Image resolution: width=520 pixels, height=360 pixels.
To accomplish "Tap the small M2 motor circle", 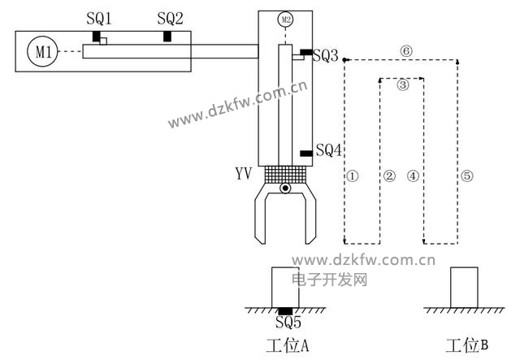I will [x=284, y=19].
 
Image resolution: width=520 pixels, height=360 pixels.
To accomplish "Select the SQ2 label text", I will [x=170, y=18].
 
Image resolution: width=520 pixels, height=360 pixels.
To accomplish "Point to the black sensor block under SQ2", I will [x=167, y=36].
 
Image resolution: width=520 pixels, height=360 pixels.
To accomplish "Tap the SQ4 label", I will [x=329, y=150].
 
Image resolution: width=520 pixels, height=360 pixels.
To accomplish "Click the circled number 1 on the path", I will [x=352, y=175].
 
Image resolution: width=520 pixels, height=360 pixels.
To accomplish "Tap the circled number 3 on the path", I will [x=403, y=84].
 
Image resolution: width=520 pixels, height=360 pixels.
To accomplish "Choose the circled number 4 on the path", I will [x=413, y=175].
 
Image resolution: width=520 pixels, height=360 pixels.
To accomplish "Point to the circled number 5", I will [x=466, y=175].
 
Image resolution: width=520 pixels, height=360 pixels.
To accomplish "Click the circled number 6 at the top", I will [x=406, y=50].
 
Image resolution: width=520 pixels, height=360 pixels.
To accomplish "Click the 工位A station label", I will [x=288, y=345].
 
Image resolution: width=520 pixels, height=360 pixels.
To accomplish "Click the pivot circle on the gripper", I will [x=284, y=189].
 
